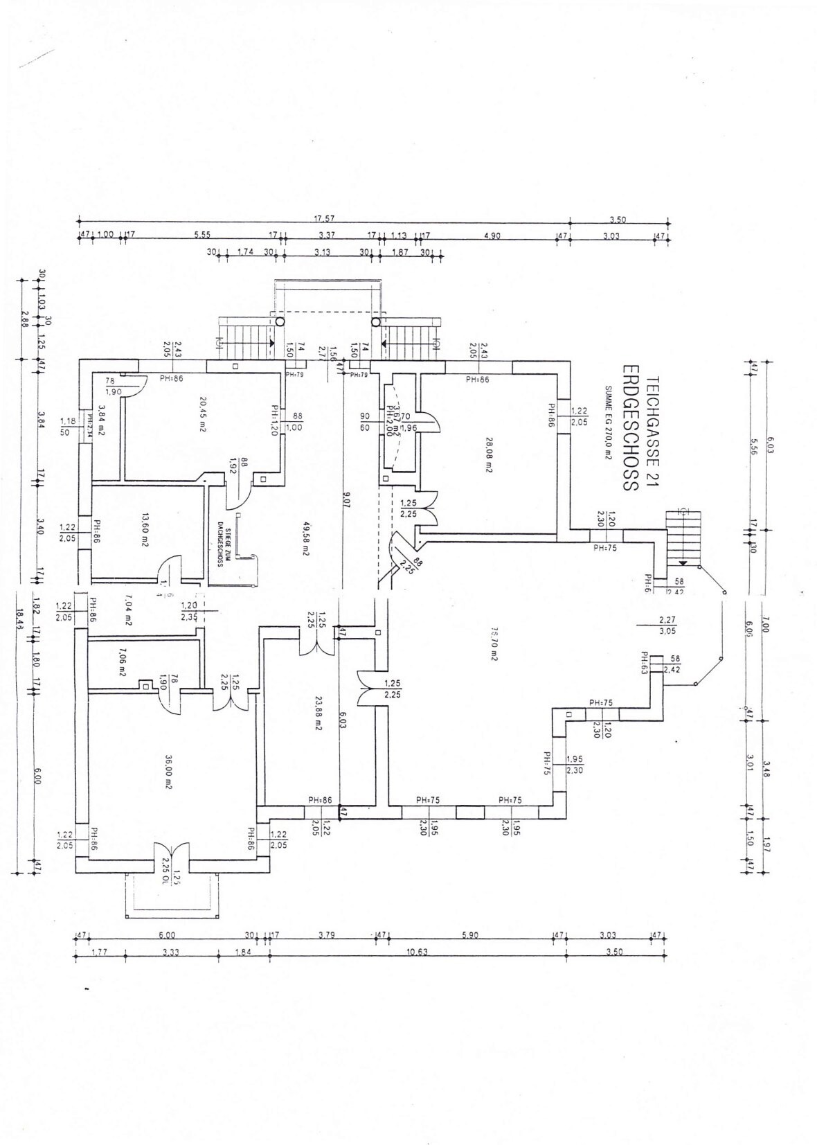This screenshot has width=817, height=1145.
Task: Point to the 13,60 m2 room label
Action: (x=145, y=530)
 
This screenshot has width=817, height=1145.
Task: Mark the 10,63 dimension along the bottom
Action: (x=418, y=952)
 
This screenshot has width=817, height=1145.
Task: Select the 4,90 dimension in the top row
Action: (x=492, y=236)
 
